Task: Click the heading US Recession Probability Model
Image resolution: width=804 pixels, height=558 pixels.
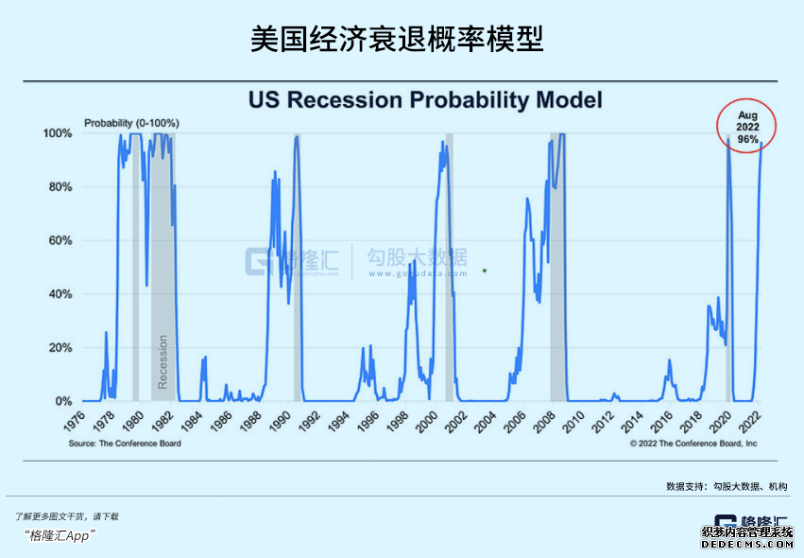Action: (x=424, y=100)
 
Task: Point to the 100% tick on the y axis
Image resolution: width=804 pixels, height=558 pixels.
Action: (x=60, y=133)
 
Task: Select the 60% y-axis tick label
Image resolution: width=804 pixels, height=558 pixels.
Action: (x=62, y=240)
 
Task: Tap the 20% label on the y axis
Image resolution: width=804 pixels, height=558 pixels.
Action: (x=62, y=348)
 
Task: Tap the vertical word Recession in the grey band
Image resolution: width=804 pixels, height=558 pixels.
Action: (x=163, y=362)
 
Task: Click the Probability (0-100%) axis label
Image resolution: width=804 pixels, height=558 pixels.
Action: (x=131, y=123)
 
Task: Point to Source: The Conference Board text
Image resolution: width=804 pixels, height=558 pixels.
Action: (x=125, y=442)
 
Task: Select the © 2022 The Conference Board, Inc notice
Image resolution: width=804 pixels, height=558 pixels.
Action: (x=693, y=442)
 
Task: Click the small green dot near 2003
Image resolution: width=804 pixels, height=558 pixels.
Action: (x=485, y=270)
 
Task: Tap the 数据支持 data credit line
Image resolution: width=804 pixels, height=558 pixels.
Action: (x=727, y=486)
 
